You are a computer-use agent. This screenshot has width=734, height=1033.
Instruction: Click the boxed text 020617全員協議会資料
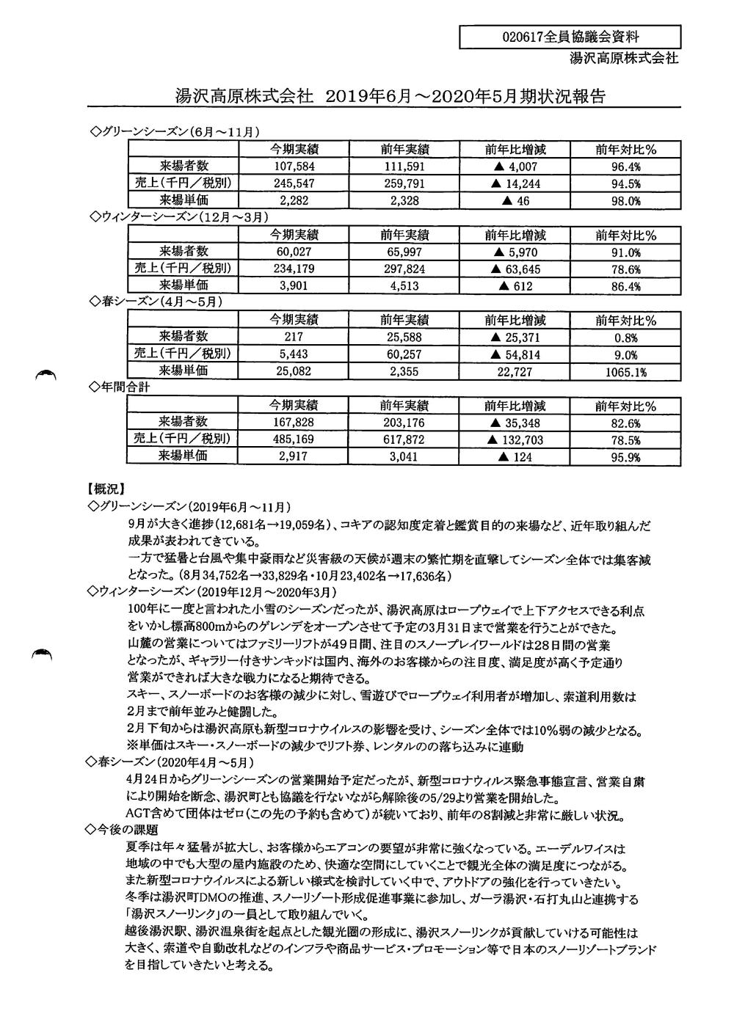pos(570,37)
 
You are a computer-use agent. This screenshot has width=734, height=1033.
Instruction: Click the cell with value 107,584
pos(294,167)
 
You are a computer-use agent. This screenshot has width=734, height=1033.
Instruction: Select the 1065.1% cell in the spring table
pos(626,372)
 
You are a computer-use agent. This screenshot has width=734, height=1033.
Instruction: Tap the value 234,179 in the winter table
pos(294,269)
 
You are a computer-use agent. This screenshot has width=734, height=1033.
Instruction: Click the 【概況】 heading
pos(106,488)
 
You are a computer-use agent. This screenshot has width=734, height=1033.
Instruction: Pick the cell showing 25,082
pos(294,372)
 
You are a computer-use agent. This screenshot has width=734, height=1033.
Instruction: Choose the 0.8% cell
pos(626,337)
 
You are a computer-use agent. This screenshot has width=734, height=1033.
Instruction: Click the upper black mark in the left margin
pos(46,376)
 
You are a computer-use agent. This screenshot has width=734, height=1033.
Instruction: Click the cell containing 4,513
pos(404,286)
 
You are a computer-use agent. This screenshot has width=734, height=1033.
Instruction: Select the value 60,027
pos(294,252)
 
